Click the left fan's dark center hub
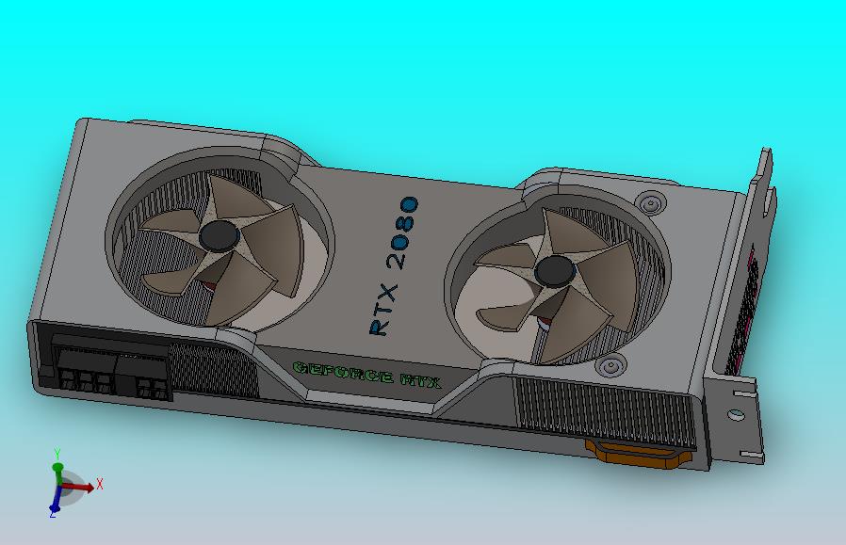tap(220, 235)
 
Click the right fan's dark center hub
tap(555, 271)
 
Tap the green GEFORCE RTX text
tap(366, 375)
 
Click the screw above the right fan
tap(651, 203)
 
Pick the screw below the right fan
tap(610, 366)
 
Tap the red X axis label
tap(99, 484)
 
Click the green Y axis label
tap(57, 454)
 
